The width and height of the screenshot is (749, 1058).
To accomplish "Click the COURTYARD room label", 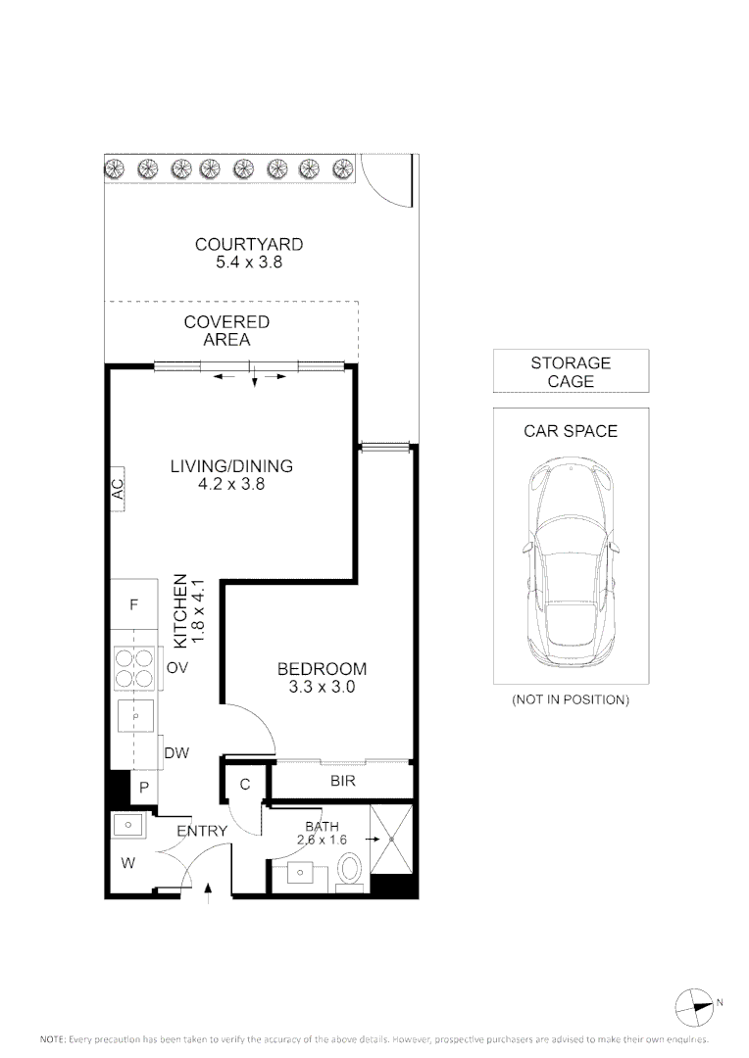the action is pyautogui.click(x=249, y=244).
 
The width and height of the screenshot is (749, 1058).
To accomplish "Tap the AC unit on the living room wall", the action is pyautogui.click(x=118, y=489).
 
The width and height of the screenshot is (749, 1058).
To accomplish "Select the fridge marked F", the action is pyautogui.click(x=133, y=604).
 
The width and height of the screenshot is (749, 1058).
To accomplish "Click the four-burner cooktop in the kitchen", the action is pyautogui.click(x=133, y=668).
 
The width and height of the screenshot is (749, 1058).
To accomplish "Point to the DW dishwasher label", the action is pyautogui.click(x=176, y=753).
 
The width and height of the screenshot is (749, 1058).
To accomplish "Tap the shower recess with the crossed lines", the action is pyautogui.click(x=391, y=839).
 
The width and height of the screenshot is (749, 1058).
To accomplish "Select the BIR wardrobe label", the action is pyautogui.click(x=342, y=782).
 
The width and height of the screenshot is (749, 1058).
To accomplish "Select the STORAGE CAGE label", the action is pyautogui.click(x=571, y=372).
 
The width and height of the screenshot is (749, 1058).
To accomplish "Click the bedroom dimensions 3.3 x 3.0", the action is pyautogui.click(x=322, y=688).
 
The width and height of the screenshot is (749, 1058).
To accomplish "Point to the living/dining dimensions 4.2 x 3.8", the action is pyautogui.click(x=231, y=484).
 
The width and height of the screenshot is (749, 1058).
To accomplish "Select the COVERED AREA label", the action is pyautogui.click(x=226, y=331).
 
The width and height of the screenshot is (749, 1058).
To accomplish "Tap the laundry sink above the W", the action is pyautogui.click(x=127, y=825).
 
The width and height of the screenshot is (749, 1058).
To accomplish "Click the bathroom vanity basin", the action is pyautogui.click(x=298, y=872).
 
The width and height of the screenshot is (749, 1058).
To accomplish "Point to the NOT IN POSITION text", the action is pyautogui.click(x=571, y=699).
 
